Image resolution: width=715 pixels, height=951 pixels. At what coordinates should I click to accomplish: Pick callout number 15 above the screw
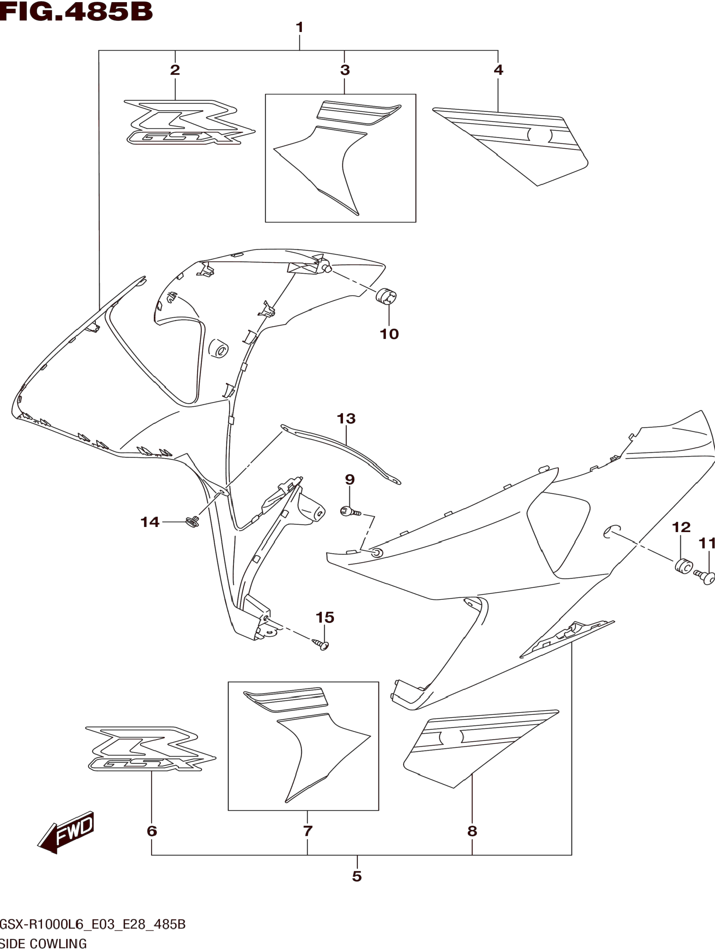point(325,617)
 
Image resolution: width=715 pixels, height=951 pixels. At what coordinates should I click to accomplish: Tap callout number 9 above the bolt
point(350,479)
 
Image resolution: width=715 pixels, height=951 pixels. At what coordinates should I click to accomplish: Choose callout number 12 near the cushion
point(681,527)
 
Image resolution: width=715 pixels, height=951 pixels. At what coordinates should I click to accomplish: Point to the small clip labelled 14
point(192,522)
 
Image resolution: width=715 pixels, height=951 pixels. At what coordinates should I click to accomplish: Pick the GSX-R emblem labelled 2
point(189,123)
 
